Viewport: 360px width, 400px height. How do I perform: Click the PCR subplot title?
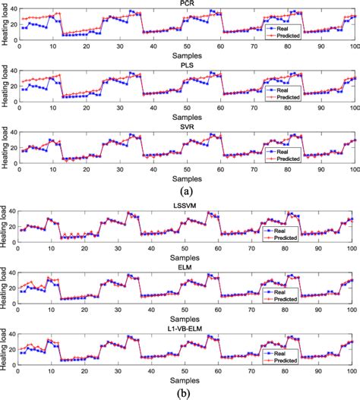click(x=186, y=4)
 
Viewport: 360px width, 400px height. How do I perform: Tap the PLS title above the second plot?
click(x=186, y=65)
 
